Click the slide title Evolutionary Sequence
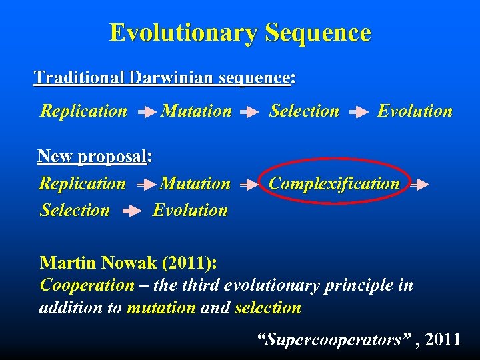click(x=240, y=32)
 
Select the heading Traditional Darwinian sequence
click(x=162, y=78)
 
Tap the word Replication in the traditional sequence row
click(x=84, y=111)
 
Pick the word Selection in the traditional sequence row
click(x=304, y=111)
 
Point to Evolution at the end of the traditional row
click(x=415, y=111)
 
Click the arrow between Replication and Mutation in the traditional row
click(x=146, y=113)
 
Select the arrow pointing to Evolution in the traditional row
click(x=359, y=113)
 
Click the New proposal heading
click(x=93, y=157)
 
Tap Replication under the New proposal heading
click(x=83, y=183)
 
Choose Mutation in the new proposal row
click(x=195, y=183)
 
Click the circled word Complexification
click(x=334, y=184)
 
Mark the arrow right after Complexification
click(x=419, y=186)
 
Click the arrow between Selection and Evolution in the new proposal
click(x=132, y=212)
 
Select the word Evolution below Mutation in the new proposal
click(x=190, y=211)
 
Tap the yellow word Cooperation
click(x=87, y=285)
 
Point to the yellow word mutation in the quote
click(x=161, y=308)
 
